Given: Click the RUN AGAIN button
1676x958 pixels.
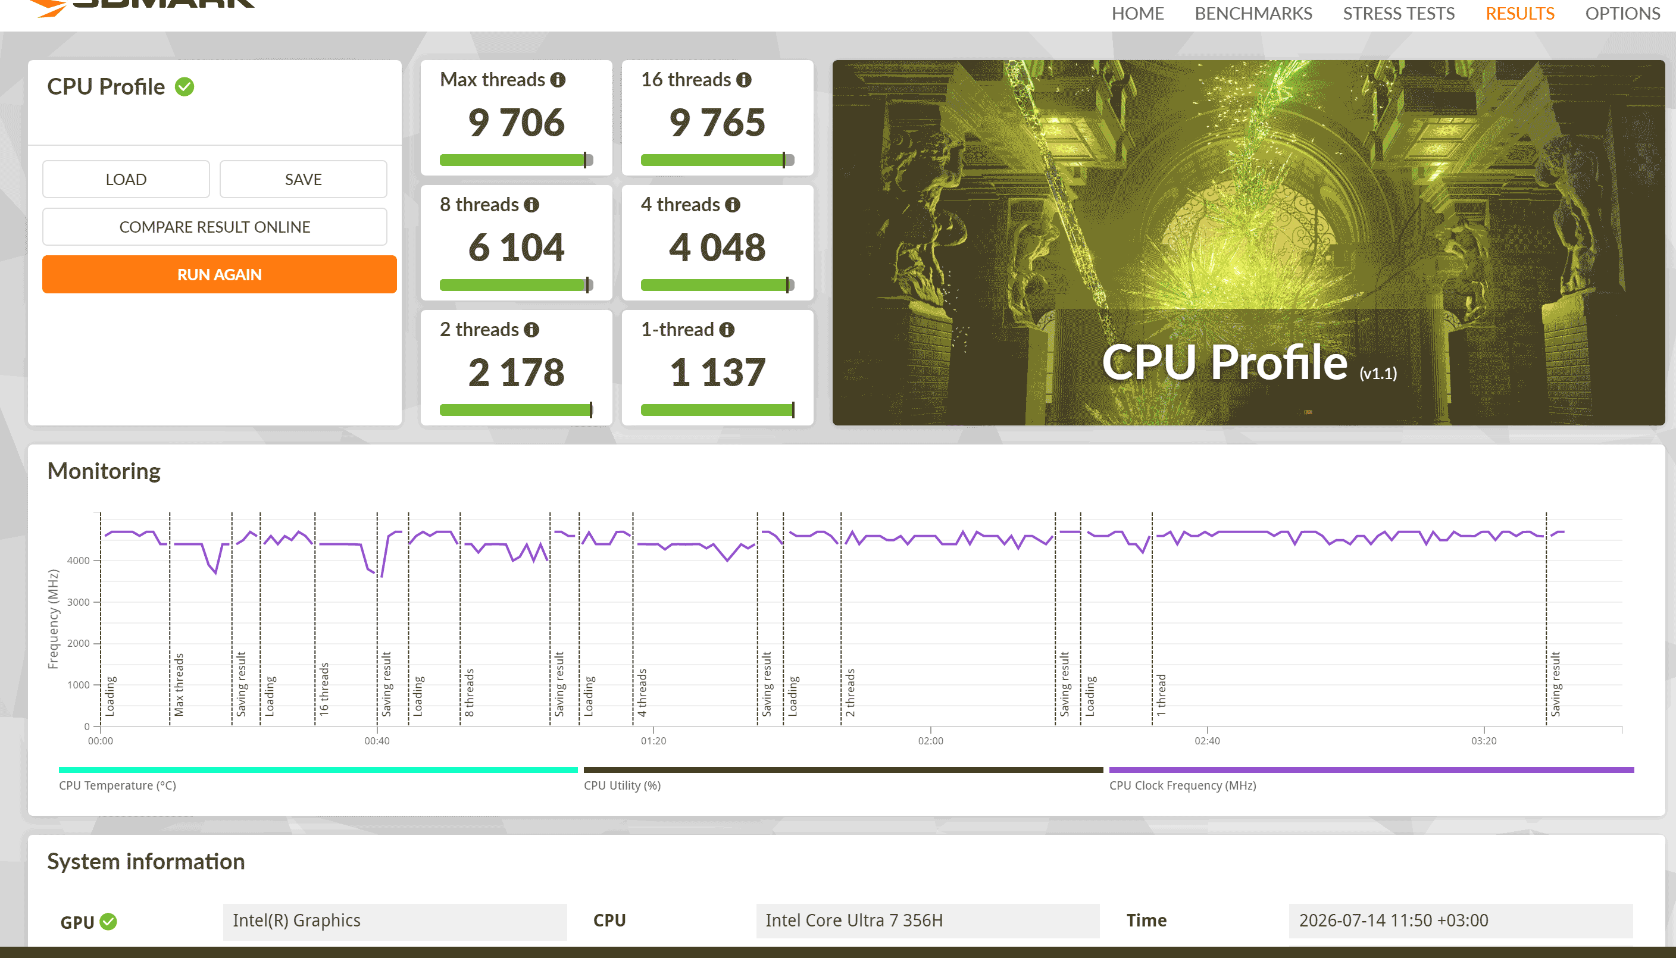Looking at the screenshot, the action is pyautogui.click(x=219, y=274).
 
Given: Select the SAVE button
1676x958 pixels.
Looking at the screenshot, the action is pyautogui.click(x=304, y=180).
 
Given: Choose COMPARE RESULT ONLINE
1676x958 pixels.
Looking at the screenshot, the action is pyautogui.click(x=214, y=227).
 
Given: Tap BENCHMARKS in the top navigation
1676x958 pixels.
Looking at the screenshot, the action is pyautogui.click(x=1253, y=13).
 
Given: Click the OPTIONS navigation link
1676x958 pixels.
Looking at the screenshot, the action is pyautogui.click(x=1622, y=13).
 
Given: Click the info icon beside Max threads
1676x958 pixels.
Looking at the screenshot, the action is pyautogui.click(x=558, y=80).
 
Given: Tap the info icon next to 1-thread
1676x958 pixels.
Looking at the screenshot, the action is pyautogui.click(x=727, y=330).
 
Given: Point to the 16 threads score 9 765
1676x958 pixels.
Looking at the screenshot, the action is pyautogui.click(x=717, y=123).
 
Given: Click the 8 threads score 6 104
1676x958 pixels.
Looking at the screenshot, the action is pyautogui.click(x=517, y=248).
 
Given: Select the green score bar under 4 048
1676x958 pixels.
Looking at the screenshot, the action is pyautogui.click(x=717, y=285).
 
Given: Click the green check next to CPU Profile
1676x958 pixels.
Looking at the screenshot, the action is pyautogui.click(x=185, y=87).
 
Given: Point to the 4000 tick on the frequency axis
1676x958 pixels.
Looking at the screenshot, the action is pyautogui.click(x=79, y=561).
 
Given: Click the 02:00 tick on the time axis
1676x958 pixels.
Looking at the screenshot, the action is pyautogui.click(x=930, y=741).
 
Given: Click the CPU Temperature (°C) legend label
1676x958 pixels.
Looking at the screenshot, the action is pyautogui.click(x=118, y=785).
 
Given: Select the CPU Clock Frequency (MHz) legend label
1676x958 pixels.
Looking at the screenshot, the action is pyautogui.click(x=1183, y=785).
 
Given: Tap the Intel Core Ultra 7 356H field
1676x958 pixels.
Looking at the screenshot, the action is pyautogui.click(x=928, y=921).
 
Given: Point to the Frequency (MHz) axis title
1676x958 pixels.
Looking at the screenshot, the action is pyautogui.click(x=54, y=619).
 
